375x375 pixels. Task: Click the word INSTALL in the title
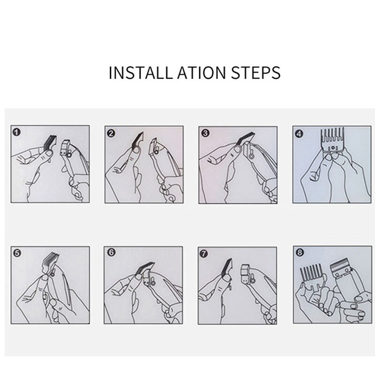coord(140,73)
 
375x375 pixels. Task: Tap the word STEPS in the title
coord(255,73)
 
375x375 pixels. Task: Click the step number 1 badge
coord(16,132)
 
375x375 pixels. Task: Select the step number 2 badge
coord(111,133)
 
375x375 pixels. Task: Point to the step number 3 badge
coord(205,133)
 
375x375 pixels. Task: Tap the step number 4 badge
coord(299,134)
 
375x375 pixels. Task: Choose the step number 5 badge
coord(17,253)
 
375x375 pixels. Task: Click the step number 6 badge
coord(111,253)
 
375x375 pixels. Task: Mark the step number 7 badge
coord(203,254)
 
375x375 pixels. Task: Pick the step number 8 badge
coord(300,252)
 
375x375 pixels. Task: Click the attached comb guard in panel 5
coord(50,262)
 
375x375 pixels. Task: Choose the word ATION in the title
coord(202,73)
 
